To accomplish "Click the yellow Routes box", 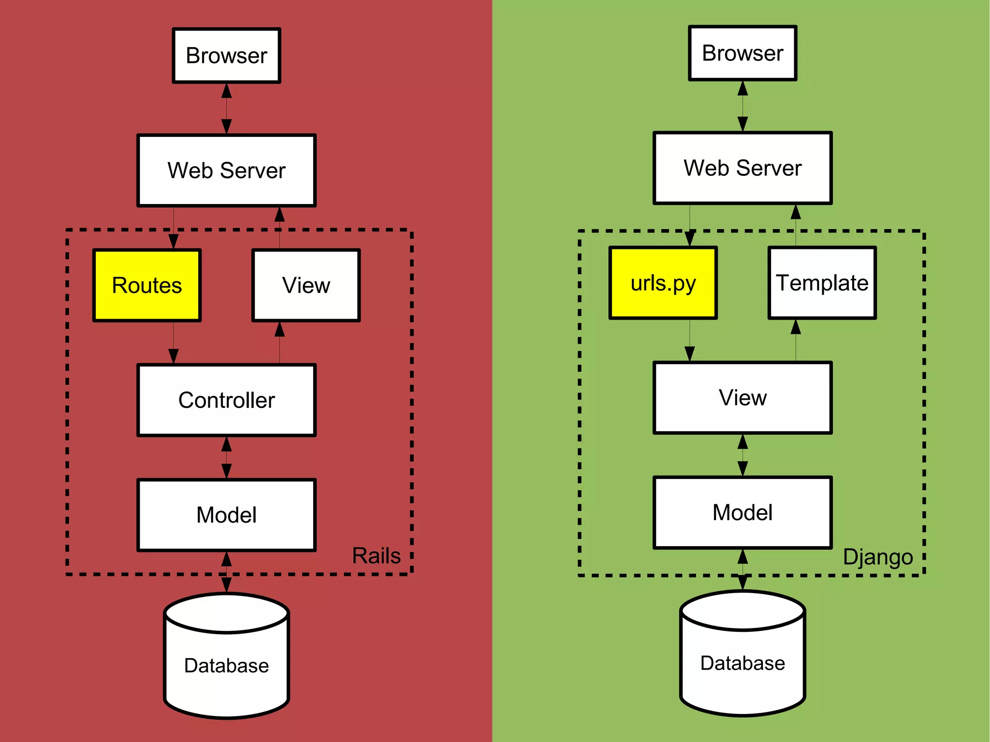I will [x=147, y=285].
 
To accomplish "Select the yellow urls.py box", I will [x=663, y=283].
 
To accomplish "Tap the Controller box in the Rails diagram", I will [x=226, y=400].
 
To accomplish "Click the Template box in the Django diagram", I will [x=822, y=283].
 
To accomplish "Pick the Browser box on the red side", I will [x=226, y=56].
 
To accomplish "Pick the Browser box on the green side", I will [x=742, y=53].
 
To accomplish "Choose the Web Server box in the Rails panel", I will [x=226, y=171].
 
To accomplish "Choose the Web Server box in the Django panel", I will [x=742, y=168].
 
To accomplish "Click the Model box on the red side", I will [x=226, y=515].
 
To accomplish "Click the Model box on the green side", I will [x=742, y=512].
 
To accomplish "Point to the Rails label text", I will [x=376, y=556].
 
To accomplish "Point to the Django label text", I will [x=878, y=557].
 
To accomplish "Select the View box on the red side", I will [x=306, y=285].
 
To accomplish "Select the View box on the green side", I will [x=742, y=398].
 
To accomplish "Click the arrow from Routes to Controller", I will [x=174, y=343].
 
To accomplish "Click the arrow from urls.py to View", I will [x=690, y=341].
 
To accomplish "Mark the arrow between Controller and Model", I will [x=226, y=458].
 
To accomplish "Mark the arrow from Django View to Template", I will [x=796, y=341].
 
